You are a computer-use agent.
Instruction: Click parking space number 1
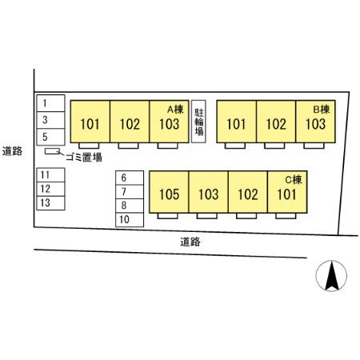click(50, 103)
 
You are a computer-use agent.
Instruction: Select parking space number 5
click(50, 137)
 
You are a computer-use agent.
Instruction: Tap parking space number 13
click(50, 203)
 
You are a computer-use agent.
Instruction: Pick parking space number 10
click(130, 220)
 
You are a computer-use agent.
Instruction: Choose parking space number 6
click(130, 178)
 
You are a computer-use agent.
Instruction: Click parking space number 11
click(50, 175)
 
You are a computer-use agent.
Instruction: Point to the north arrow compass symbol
click(331, 275)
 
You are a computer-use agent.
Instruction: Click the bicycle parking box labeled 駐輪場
click(198, 122)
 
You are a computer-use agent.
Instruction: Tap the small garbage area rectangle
click(52, 151)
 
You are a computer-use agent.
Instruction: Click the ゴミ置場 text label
click(84, 158)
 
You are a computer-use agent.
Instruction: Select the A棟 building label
click(175, 110)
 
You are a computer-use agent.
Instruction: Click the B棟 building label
click(322, 110)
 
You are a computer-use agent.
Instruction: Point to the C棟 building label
click(294, 180)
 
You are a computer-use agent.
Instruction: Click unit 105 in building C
click(169, 192)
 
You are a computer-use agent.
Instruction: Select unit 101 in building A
click(90, 122)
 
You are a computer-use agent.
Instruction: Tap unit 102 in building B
click(276, 122)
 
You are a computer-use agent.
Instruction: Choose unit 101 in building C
click(287, 192)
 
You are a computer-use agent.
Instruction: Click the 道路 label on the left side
click(12, 151)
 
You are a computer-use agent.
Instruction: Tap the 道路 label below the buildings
click(190, 242)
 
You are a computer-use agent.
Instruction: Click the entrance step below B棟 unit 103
click(314, 146)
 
